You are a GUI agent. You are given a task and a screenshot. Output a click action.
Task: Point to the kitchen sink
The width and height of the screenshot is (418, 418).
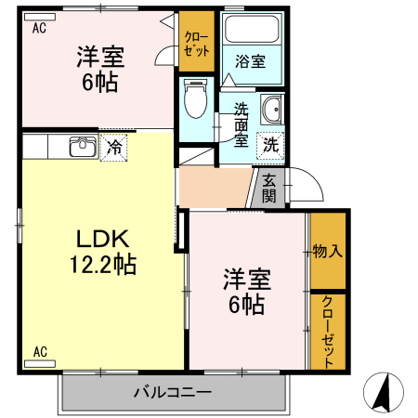point(80,146)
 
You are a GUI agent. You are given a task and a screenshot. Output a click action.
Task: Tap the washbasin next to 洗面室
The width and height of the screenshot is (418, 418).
point(273,111)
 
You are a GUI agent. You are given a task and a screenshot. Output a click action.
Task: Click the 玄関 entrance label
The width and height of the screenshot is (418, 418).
point(269,189)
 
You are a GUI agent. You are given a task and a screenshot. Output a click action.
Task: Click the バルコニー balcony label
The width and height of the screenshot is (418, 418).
point(172,392)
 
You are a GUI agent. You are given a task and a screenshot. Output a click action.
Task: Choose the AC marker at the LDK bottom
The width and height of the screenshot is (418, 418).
point(40,352)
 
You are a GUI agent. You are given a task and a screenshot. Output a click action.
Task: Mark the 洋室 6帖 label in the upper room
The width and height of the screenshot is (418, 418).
point(98,69)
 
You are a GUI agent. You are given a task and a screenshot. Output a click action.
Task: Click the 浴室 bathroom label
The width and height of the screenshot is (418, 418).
point(250,62)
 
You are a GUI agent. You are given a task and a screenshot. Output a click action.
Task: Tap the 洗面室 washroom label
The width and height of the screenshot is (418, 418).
point(241,124)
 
